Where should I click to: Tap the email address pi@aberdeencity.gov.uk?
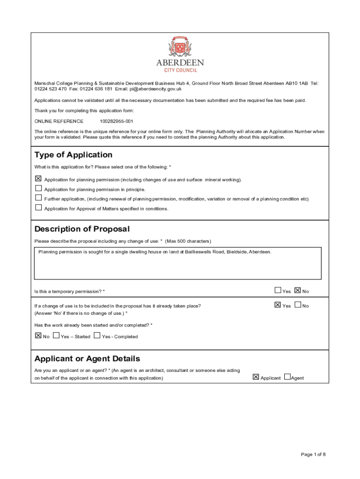[x=155, y=89]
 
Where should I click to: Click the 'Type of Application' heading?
[x=73, y=155]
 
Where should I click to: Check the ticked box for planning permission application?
[x=38, y=179]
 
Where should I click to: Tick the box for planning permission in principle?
[x=38, y=188]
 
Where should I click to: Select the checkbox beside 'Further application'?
[x=38, y=197]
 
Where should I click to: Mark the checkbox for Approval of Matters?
[x=38, y=207]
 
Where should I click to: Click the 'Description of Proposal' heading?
[x=82, y=229]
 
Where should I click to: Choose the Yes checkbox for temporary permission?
[x=278, y=290]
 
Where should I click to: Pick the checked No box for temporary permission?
[x=298, y=290]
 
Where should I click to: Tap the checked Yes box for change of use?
[x=278, y=305]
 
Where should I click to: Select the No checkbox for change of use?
[x=298, y=305]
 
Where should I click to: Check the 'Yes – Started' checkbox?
[x=56, y=335]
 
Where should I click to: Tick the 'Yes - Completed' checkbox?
[x=97, y=335]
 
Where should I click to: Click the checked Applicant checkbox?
[x=256, y=377]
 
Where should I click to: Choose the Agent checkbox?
[x=287, y=377]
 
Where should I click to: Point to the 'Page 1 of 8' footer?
[x=313, y=454]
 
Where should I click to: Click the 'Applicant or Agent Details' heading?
[x=87, y=359]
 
